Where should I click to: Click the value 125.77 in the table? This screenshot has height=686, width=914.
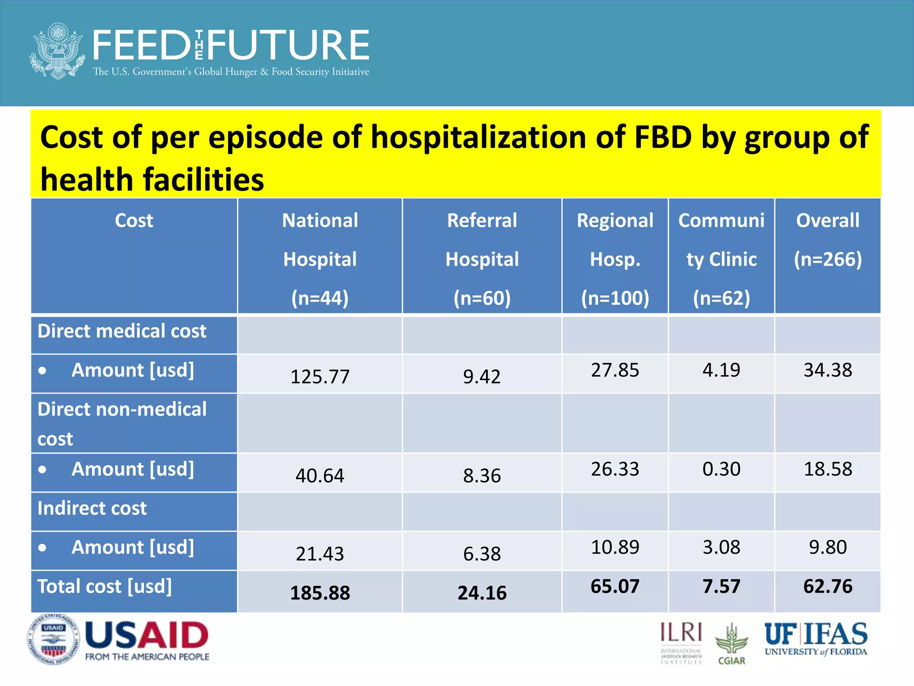(x=320, y=376)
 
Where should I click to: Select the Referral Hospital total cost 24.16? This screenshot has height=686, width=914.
(x=482, y=593)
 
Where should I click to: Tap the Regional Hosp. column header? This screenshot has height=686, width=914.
(x=615, y=259)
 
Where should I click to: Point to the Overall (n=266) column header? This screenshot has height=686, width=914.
(x=827, y=240)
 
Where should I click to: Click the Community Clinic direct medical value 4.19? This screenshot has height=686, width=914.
(x=721, y=370)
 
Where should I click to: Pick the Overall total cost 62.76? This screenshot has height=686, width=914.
(x=827, y=586)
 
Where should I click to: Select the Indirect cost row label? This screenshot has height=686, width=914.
(x=92, y=508)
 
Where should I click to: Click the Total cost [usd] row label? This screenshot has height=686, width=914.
(x=104, y=586)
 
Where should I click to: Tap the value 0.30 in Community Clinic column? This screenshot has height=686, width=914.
(x=721, y=469)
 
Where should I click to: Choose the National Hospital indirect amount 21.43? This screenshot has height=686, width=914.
(x=320, y=554)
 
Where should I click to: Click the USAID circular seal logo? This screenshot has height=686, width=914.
(x=53, y=640)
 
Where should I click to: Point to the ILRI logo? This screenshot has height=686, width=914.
(x=681, y=642)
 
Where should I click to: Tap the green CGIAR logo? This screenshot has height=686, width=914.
(x=731, y=644)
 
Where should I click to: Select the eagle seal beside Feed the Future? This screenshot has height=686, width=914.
(x=57, y=51)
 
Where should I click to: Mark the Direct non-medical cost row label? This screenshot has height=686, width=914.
(x=121, y=423)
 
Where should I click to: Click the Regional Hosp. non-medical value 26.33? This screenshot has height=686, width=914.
(x=615, y=469)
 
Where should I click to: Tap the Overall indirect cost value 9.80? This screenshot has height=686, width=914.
(x=827, y=547)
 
